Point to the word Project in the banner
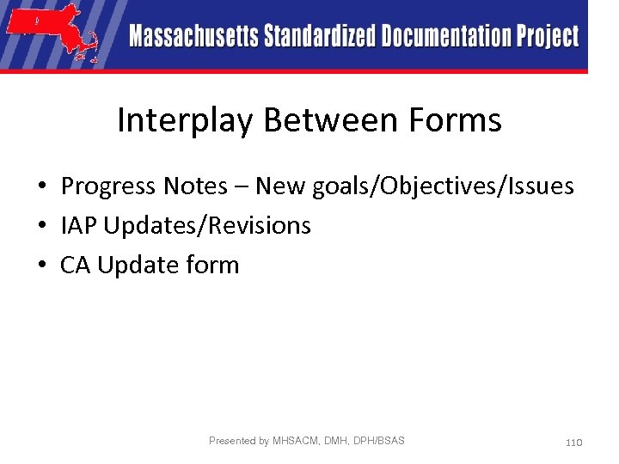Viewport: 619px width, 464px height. [x=547, y=37]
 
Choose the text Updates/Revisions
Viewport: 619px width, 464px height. [x=205, y=226]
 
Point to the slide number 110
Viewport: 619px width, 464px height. [x=573, y=442]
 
